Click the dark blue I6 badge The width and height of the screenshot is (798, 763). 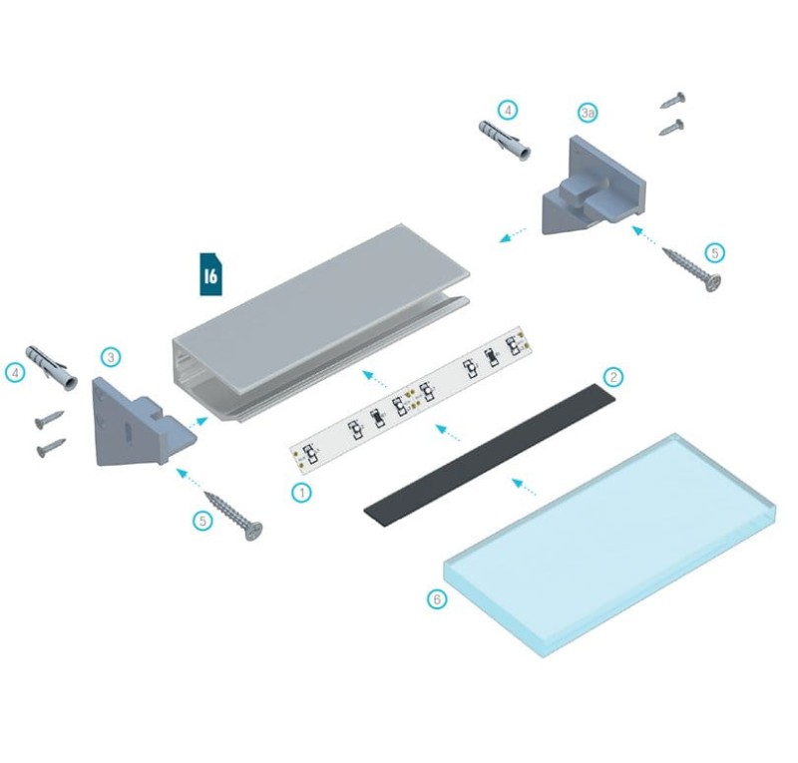(x=209, y=275)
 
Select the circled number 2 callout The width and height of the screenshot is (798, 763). (x=614, y=377)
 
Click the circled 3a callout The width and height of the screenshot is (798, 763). (x=589, y=114)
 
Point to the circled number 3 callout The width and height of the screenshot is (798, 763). (x=111, y=356)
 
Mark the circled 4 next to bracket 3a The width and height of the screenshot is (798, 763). (x=508, y=109)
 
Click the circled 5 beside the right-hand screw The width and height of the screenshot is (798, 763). (x=713, y=253)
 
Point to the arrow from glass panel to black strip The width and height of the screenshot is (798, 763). (x=523, y=487)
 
